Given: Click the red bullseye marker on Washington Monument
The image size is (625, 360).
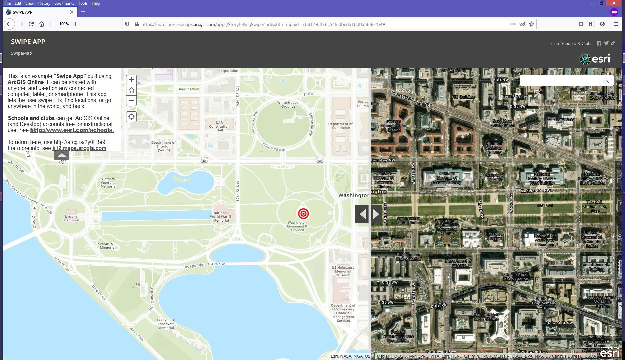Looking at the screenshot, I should coord(303,214).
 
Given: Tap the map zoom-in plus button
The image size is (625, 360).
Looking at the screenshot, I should coord(131,80).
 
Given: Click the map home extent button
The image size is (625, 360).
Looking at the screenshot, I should coord(131,90).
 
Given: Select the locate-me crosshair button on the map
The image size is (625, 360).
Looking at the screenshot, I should coord(131,117).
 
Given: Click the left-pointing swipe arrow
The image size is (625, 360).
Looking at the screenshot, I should coord(362,214).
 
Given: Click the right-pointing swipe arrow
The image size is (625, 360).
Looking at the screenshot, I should coord(376,214).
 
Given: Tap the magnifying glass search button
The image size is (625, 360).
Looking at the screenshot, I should coord(606,80).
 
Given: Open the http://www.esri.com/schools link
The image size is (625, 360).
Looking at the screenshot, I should coord(72,130).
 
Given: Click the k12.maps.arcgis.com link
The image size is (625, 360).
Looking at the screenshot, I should coord(79,148).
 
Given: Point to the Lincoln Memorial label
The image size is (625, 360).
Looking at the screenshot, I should coord(71,218).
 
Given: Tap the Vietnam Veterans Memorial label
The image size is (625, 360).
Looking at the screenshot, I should coord(108,183).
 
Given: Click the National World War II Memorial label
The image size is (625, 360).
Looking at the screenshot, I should coord(220,216).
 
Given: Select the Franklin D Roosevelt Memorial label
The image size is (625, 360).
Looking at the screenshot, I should coord(166,324).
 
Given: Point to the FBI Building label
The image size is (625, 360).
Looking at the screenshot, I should coord(463,97).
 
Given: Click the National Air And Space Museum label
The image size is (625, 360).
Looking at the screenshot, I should coord(545,240).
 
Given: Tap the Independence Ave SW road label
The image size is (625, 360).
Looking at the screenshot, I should coord(204,265).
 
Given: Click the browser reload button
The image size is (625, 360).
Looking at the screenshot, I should coord(31,24).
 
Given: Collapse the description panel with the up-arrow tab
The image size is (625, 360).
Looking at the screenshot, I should coord(62,155).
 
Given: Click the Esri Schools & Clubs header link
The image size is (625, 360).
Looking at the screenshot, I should coord(572,44).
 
